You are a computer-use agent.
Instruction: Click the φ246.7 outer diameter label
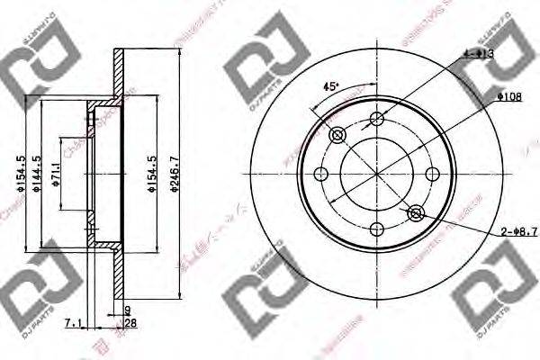point(185,174)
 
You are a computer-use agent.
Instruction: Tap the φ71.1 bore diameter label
point(57,174)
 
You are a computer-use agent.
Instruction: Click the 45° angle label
point(330,86)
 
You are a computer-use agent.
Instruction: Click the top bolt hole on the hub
point(376,119)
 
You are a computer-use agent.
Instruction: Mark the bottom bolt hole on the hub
point(376,229)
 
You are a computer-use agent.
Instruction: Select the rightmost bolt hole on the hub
point(432,174)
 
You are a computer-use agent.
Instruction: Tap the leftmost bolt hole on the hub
point(320,174)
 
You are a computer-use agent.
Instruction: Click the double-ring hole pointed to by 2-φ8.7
point(415,213)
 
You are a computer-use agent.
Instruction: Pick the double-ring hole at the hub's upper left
point(337,135)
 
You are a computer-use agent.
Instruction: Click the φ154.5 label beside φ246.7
point(150,174)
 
